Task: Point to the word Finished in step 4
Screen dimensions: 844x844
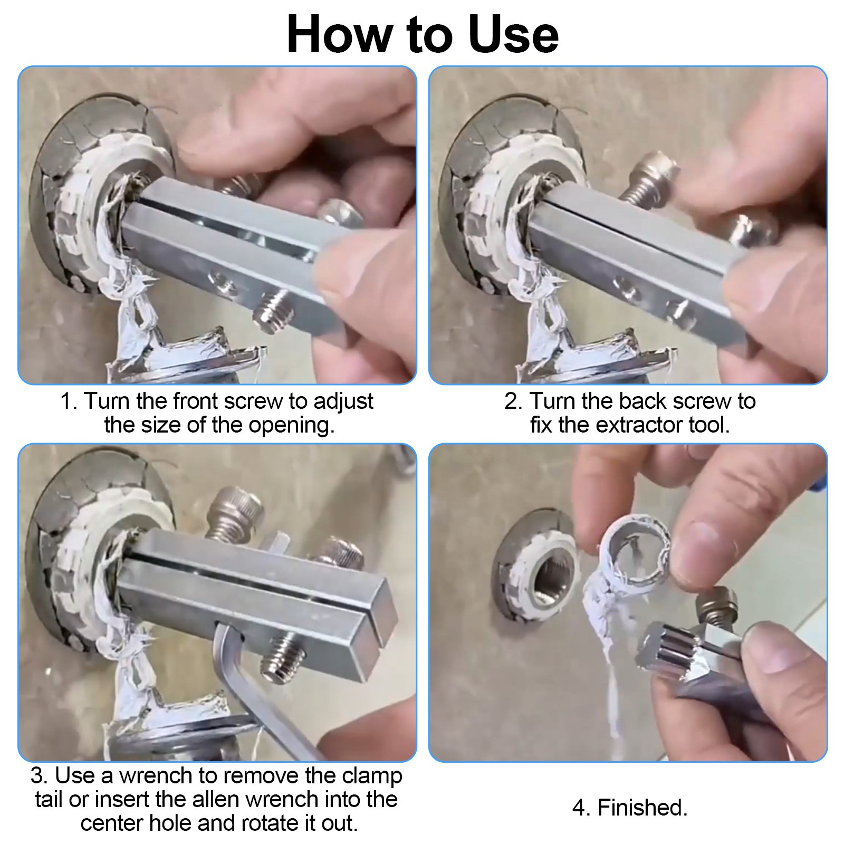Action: (x=642, y=808)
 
